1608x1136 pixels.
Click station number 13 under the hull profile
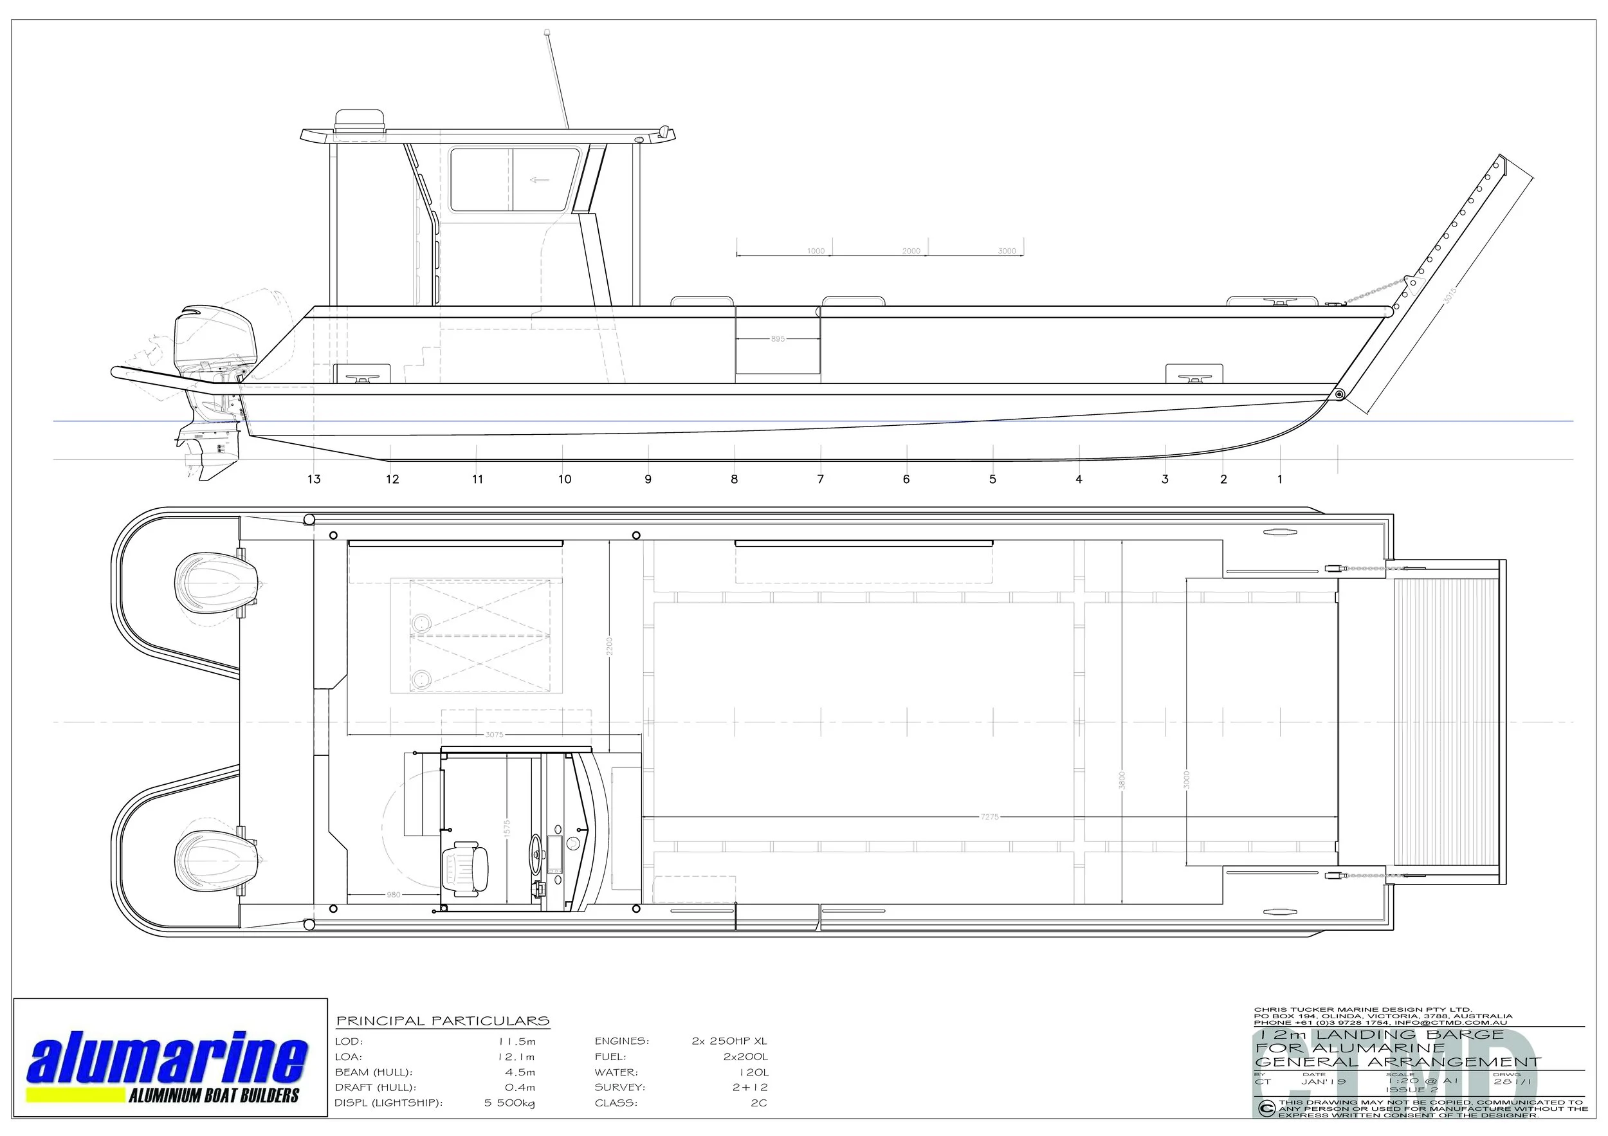point(314,479)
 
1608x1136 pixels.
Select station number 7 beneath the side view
point(820,479)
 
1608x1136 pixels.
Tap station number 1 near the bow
point(1279,479)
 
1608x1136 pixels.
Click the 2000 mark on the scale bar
point(911,251)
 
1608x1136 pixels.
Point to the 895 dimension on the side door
point(778,339)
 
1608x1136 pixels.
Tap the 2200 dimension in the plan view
point(609,645)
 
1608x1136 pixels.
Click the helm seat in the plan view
point(464,869)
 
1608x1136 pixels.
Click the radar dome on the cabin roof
point(360,120)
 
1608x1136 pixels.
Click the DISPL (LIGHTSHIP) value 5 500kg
point(509,1103)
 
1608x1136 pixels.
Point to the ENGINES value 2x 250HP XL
point(729,1041)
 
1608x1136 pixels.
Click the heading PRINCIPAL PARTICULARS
point(443,1021)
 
